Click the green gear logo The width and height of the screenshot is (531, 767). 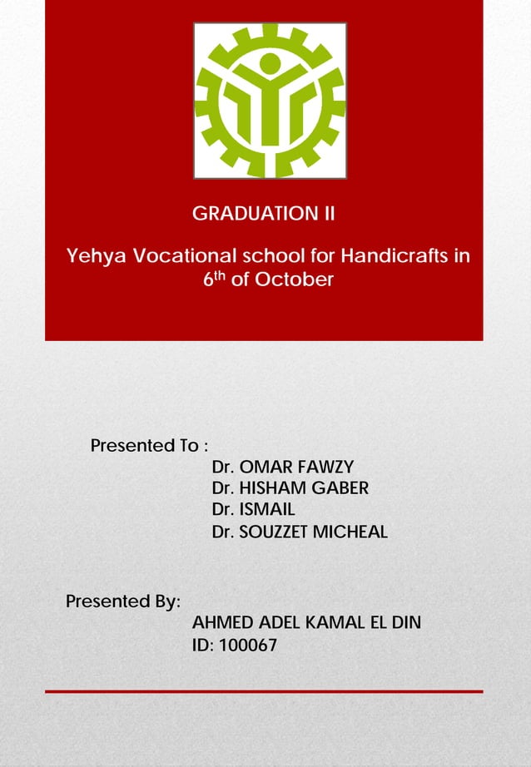[270, 101]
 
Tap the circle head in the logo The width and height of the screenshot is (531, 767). [270, 64]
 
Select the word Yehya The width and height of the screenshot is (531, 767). [94, 255]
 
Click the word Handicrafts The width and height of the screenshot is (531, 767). [398, 255]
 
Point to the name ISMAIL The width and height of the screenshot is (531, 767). [267, 509]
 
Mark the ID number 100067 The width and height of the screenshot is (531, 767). [247, 645]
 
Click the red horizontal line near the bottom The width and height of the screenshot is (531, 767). [264, 691]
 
